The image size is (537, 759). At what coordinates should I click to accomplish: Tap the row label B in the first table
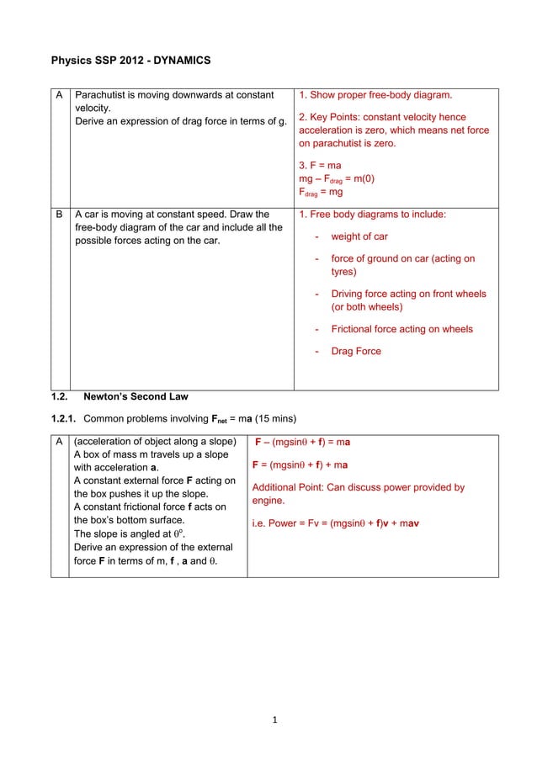pyautogui.click(x=59, y=215)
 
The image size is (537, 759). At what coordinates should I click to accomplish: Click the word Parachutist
pyautogui.click(x=104, y=95)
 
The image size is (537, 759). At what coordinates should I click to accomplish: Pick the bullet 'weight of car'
pyautogui.click(x=359, y=236)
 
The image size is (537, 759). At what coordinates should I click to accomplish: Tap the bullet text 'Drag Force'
pyautogui.click(x=356, y=351)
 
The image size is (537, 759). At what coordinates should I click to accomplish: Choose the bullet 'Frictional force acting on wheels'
pyautogui.click(x=401, y=329)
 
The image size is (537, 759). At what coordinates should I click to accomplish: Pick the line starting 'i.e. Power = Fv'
pyautogui.click(x=336, y=523)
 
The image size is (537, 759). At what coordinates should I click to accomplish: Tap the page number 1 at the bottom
pyautogui.click(x=275, y=719)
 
